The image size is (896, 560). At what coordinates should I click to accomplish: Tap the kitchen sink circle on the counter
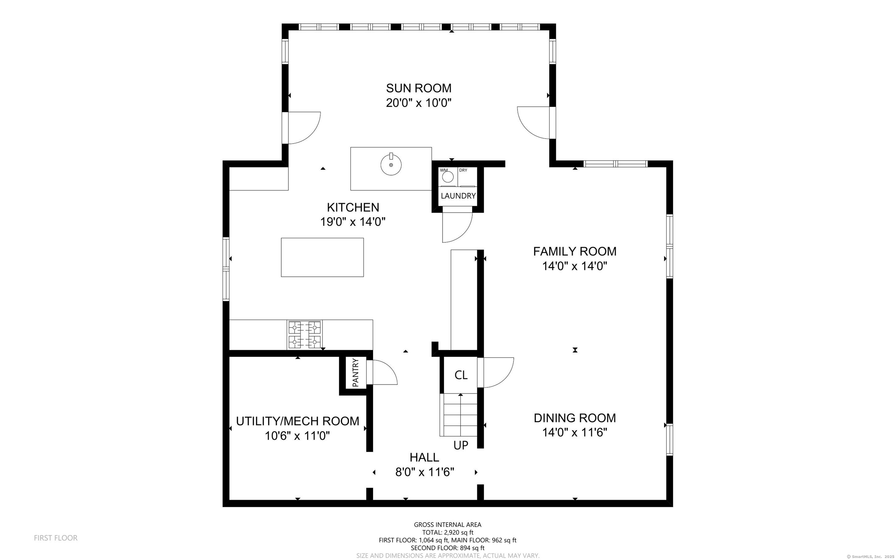391,165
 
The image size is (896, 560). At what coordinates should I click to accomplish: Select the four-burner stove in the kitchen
304,335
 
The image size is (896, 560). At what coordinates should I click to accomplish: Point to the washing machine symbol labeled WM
448,177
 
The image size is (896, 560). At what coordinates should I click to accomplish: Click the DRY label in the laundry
463,170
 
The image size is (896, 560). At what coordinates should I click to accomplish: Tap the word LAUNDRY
458,196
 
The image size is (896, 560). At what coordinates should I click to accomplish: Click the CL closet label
461,375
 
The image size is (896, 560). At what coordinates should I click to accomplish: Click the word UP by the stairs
461,445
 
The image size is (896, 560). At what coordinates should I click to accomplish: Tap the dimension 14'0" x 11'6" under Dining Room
574,433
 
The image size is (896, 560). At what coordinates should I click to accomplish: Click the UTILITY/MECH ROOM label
297,421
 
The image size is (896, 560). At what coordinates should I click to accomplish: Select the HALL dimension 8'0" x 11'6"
425,472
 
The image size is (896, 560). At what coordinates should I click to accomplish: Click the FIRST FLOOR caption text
55,538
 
